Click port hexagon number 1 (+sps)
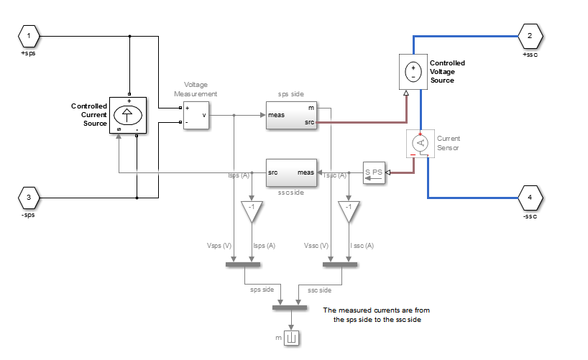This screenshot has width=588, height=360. coord(29,34)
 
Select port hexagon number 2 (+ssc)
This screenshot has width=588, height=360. coord(530,35)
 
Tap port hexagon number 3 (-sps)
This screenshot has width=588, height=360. coord(29,197)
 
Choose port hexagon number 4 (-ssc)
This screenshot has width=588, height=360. coord(530,197)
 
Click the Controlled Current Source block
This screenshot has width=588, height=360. coord(127,115)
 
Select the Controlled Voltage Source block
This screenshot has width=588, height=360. coord(413,72)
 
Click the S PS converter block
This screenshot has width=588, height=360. coord(374,172)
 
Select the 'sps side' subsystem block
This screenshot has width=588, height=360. coord(291,116)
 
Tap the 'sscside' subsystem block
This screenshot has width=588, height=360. coord(291,172)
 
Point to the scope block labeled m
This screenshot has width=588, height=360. coord(291,337)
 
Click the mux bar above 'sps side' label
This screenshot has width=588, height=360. coord(243,264)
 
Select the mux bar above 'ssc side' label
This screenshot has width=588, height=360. coord(340,264)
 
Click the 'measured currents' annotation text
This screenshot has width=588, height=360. coord(376,315)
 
